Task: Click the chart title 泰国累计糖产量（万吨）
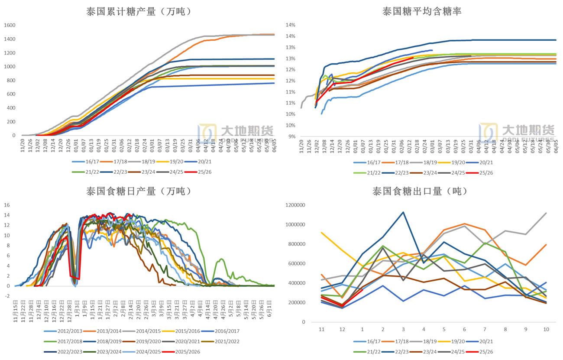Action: point(139,12)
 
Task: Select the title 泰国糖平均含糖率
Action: point(422,12)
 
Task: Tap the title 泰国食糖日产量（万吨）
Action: point(139,191)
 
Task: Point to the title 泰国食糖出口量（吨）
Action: point(422,191)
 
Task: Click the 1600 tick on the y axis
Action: point(10,25)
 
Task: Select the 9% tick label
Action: point(291,136)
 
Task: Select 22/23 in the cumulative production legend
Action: point(120,172)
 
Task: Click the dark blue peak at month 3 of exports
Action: point(403,212)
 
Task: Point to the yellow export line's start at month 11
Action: point(321,233)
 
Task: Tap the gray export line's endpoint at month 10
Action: point(546,213)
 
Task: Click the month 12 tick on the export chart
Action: point(342,329)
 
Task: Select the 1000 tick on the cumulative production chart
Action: point(10,67)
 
